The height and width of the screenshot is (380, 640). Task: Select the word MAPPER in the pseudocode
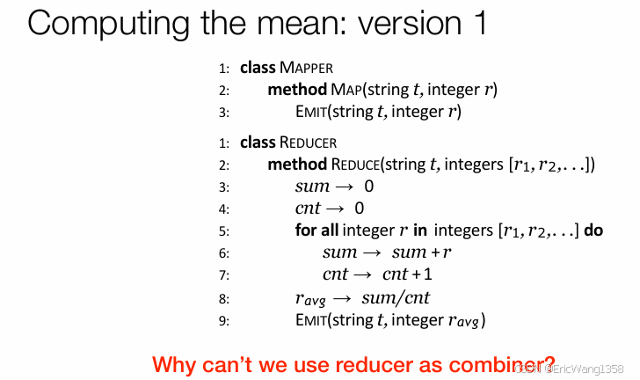pos(306,68)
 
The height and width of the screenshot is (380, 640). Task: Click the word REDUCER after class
pos(309,142)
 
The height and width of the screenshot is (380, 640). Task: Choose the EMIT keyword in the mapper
pos(312,112)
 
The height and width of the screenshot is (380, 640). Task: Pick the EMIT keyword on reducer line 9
pos(312,319)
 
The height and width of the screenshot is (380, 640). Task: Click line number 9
pos(224,320)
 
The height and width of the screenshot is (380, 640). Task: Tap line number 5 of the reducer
pos(224,231)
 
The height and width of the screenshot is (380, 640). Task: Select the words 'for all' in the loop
pos(318,230)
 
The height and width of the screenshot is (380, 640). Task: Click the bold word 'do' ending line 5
pos(593,230)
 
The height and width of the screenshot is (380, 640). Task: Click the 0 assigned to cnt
pos(359,208)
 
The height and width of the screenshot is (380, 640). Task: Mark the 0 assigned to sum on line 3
pos(368,186)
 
